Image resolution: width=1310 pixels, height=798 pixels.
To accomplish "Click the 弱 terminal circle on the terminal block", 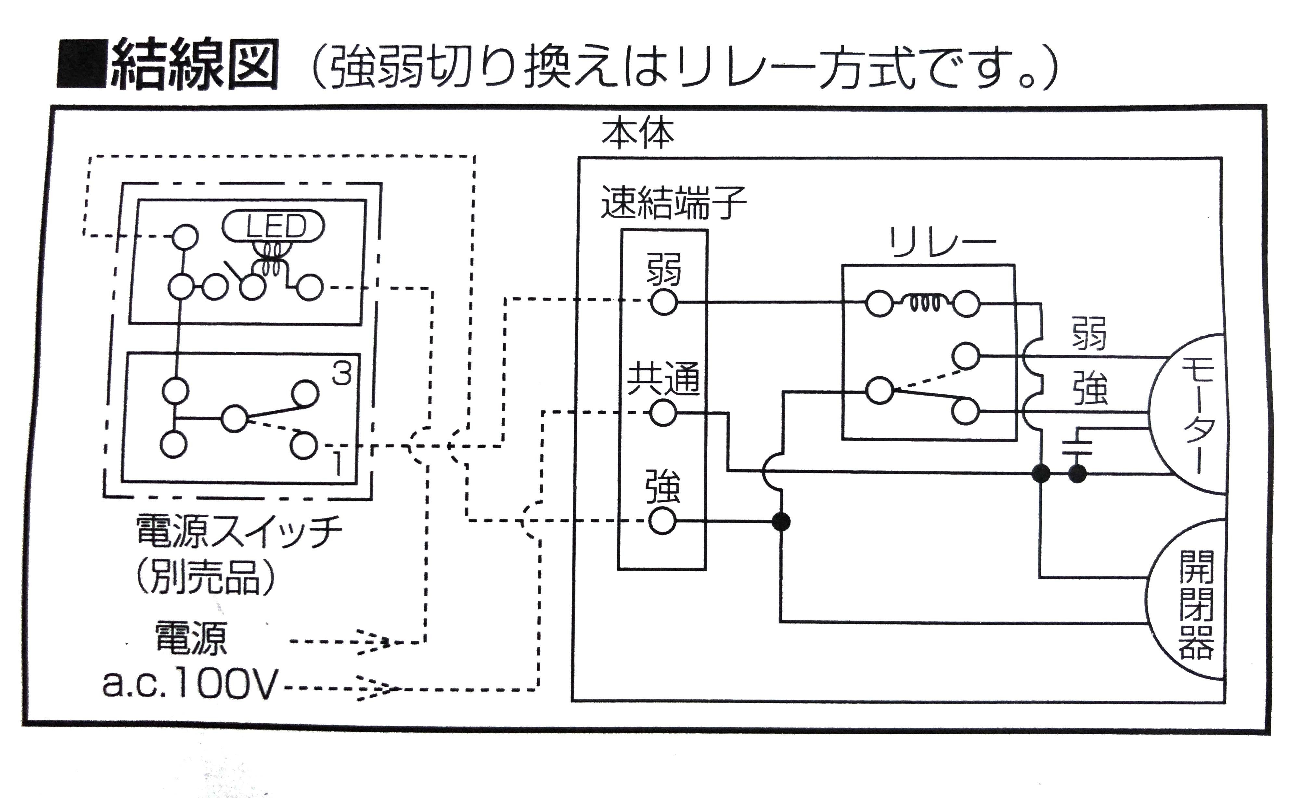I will click(663, 303).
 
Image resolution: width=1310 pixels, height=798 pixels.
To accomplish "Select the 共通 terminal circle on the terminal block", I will click(663, 413).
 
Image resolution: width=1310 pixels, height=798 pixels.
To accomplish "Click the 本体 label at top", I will click(638, 134).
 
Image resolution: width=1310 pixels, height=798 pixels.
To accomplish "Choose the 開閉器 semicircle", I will click(1188, 611).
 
